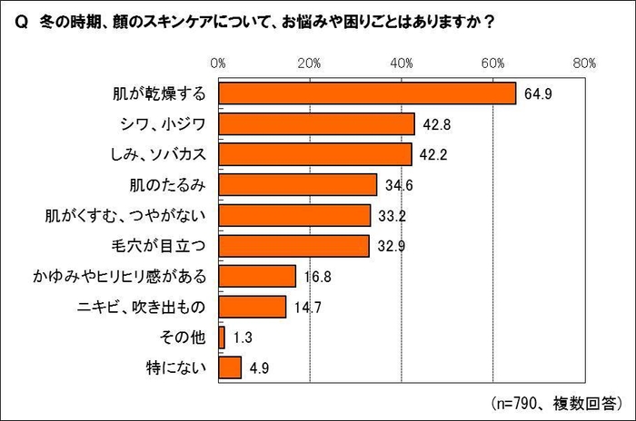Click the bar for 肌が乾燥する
(367, 93)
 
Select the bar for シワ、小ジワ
(316, 124)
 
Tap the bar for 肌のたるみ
(297, 185)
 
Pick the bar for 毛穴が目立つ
(293, 246)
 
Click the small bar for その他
(222, 338)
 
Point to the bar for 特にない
(230, 367)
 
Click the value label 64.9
(537, 94)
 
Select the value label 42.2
(433, 155)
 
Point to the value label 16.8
(317, 277)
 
